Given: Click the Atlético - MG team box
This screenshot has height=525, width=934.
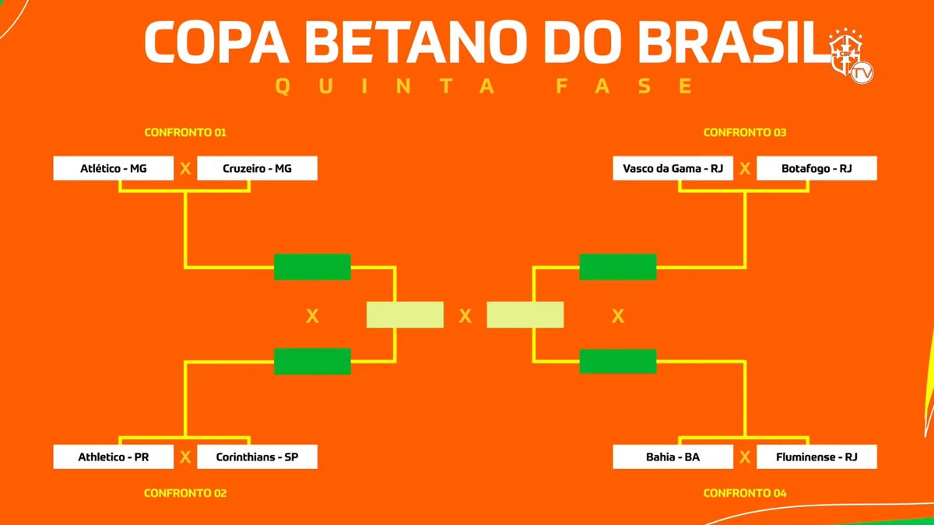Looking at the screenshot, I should [x=113, y=168].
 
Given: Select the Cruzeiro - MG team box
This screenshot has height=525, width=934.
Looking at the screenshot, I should [x=258, y=168].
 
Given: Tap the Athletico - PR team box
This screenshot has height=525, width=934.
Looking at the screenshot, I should [x=113, y=457].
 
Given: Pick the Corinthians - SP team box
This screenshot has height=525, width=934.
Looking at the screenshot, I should [x=258, y=457].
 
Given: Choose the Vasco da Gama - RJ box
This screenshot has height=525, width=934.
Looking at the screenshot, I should [x=673, y=168].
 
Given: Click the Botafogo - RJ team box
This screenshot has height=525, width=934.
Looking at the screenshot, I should [x=816, y=168].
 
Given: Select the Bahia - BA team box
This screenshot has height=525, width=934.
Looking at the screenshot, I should [x=673, y=457].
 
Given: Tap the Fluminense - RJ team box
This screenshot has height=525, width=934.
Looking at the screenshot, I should [x=816, y=457].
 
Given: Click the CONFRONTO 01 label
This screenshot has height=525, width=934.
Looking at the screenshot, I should [x=185, y=132].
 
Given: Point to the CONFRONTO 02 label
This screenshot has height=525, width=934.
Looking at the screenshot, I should [x=185, y=493].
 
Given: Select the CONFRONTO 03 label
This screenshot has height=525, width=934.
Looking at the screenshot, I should [x=745, y=132].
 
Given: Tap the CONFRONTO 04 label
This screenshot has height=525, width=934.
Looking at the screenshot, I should [x=745, y=493].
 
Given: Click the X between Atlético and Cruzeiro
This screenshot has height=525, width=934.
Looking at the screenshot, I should [x=185, y=168].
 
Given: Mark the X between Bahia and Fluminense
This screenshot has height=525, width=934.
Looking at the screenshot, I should [x=745, y=457].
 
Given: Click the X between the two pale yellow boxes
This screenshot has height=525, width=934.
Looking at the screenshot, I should [x=465, y=316].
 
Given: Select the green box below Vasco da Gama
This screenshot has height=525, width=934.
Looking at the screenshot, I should [x=618, y=267].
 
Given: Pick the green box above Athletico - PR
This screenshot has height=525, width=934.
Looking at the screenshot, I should [x=312, y=361].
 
